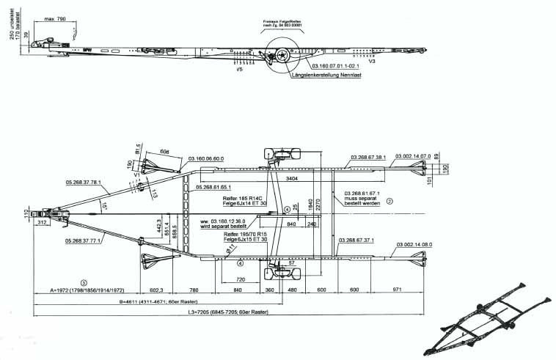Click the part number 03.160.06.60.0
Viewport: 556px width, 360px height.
click(206, 158)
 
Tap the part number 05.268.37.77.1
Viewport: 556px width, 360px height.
click(83, 240)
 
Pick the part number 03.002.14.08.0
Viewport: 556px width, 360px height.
click(413, 240)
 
